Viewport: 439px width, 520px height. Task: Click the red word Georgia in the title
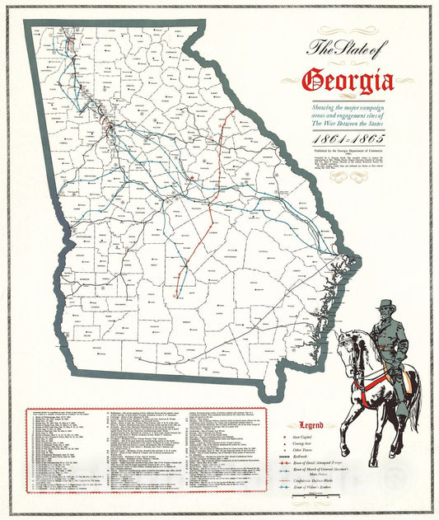(348, 81)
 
